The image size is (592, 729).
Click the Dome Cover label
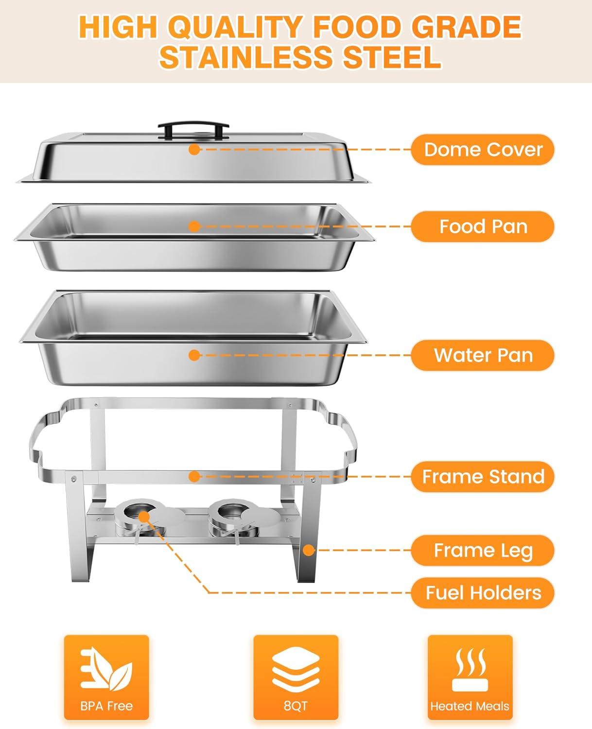483,150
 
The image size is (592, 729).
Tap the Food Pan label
483,226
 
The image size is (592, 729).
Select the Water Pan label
483,355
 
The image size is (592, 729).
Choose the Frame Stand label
483,476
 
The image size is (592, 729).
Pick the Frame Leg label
483,550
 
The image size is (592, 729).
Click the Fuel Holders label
483,593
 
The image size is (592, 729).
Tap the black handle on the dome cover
193,129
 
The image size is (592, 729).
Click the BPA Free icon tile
106,677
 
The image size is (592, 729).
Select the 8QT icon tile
296,677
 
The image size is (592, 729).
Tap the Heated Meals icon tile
470,677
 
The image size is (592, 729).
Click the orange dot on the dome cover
194,150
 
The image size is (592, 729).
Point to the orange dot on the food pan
194,226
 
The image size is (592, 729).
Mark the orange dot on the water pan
194,355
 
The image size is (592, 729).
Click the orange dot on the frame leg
308,550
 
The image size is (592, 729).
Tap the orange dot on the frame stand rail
194,476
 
